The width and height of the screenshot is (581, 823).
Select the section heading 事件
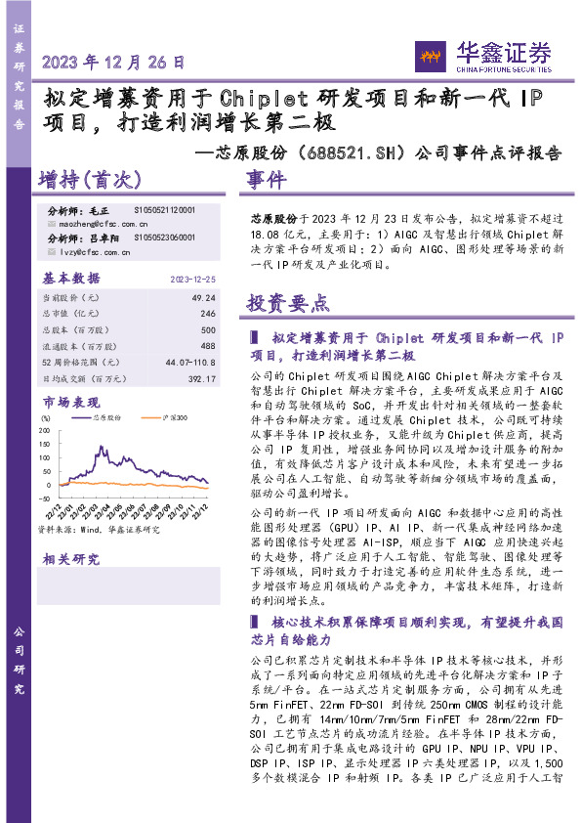[267, 180]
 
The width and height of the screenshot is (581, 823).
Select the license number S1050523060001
[165, 238]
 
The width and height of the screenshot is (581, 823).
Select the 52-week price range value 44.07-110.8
[189, 363]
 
